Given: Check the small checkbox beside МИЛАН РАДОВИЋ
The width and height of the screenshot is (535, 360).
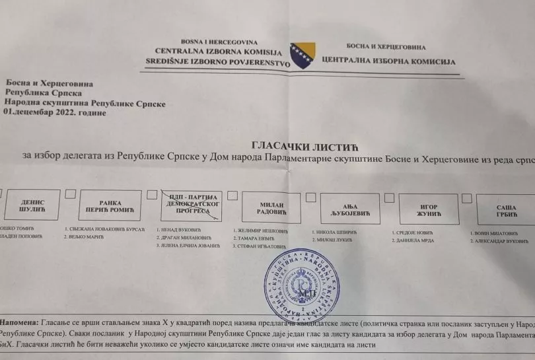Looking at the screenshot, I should (x=233, y=196).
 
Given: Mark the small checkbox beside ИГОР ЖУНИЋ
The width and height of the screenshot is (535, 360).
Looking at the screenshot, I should (x=391, y=198).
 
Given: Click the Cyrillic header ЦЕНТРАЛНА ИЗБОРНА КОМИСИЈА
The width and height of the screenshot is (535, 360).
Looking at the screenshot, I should (x=389, y=61).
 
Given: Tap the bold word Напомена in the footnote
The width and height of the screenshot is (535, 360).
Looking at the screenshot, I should (x=20, y=322).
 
